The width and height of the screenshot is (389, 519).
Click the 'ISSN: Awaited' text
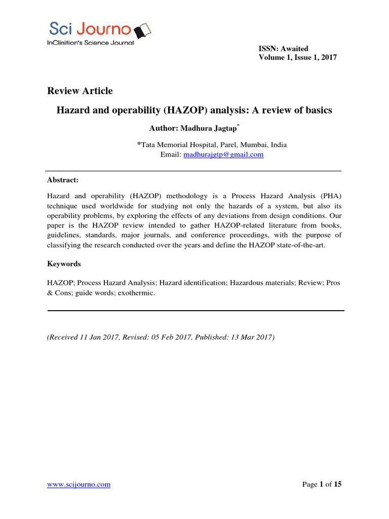click(283, 49)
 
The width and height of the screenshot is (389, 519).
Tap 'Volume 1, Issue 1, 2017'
click(297, 57)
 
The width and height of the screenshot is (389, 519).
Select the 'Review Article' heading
click(80, 91)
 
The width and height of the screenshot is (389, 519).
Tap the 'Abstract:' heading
click(63, 180)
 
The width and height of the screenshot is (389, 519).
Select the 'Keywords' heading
click(64, 264)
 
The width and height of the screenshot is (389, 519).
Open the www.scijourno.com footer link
click(79, 485)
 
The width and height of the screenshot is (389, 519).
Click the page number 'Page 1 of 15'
click(322, 485)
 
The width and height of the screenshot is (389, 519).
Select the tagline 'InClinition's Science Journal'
click(91, 43)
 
